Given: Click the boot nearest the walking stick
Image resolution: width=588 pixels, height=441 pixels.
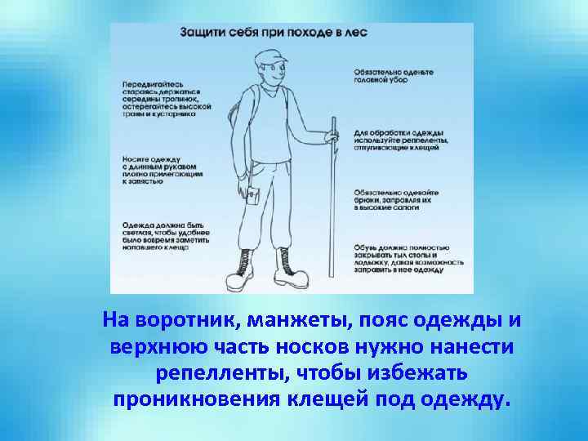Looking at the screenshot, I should tap(289, 265).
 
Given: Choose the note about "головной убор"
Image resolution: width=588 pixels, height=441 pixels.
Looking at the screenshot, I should tap(392, 76).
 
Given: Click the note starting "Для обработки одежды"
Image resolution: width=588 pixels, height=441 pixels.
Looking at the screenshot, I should tap(399, 140).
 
